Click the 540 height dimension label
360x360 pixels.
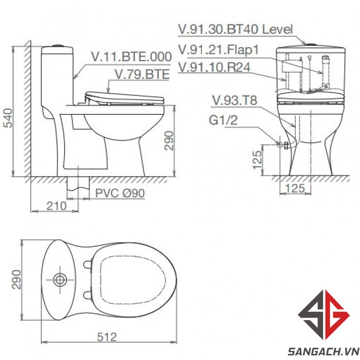[x=9, y=118]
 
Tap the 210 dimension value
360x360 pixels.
[x=56, y=206]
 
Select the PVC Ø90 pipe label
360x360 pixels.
[x=120, y=193]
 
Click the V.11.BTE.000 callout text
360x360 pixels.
[x=131, y=57]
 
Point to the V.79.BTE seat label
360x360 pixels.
[x=142, y=74]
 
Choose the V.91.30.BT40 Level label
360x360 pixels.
[x=235, y=29]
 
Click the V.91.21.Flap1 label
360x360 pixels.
[x=218, y=50]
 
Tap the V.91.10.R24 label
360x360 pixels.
[x=214, y=67]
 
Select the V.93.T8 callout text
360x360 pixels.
[x=234, y=100]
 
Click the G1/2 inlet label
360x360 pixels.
[x=223, y=120]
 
